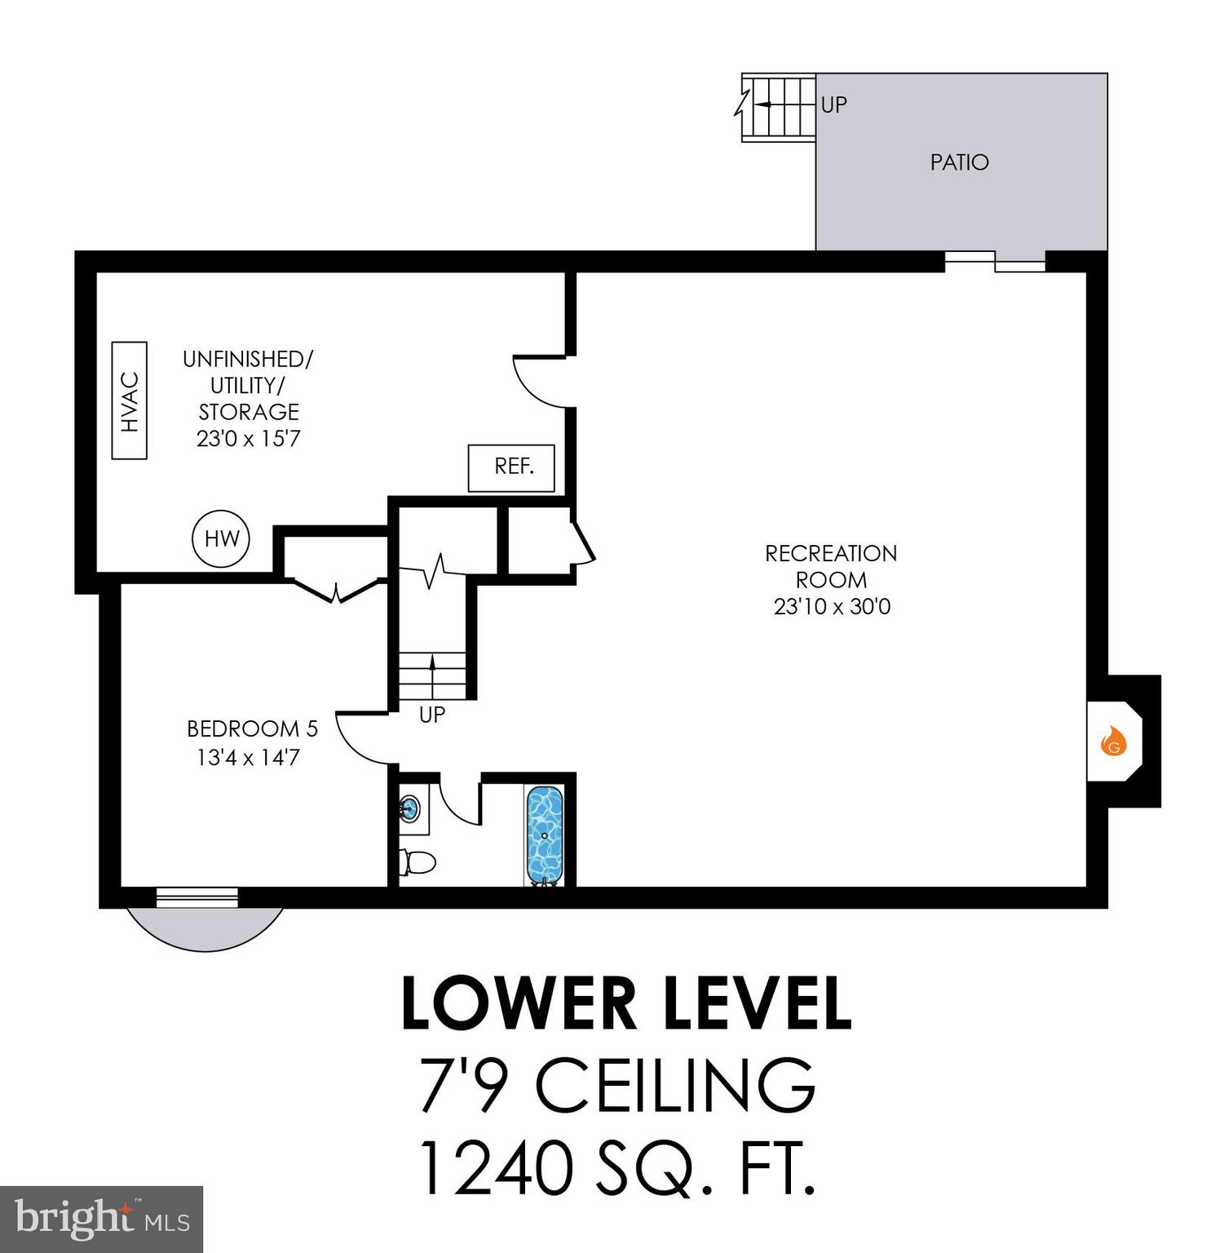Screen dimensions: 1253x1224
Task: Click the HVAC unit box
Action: (x=129, y=401)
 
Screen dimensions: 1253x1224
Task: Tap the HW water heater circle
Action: (x=221, y=538)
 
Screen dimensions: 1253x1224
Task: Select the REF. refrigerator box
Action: (x=511, y=467)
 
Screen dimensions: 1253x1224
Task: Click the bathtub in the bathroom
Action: (x=544, y=834)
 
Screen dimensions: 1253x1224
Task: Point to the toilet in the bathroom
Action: (x=418, y=861)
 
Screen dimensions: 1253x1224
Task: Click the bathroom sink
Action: (x=409, y=810)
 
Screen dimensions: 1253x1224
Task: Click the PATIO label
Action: (x=959, y=162)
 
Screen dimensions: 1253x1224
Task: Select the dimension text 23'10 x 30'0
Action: (x=832, y=607)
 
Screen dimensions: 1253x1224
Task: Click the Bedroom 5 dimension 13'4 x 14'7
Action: (x=248, y=758)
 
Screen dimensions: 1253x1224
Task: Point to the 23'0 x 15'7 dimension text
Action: (x=248, y=439)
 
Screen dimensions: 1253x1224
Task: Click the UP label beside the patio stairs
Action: (x=833, y=104)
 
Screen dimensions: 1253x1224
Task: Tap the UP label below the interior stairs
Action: (x=431, y=715)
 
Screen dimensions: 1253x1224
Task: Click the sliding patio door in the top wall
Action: (x=995, y=261)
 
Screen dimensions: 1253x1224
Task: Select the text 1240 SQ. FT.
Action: (x=616, y=1168)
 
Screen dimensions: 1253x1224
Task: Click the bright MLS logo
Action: (x=101, y=1219)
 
